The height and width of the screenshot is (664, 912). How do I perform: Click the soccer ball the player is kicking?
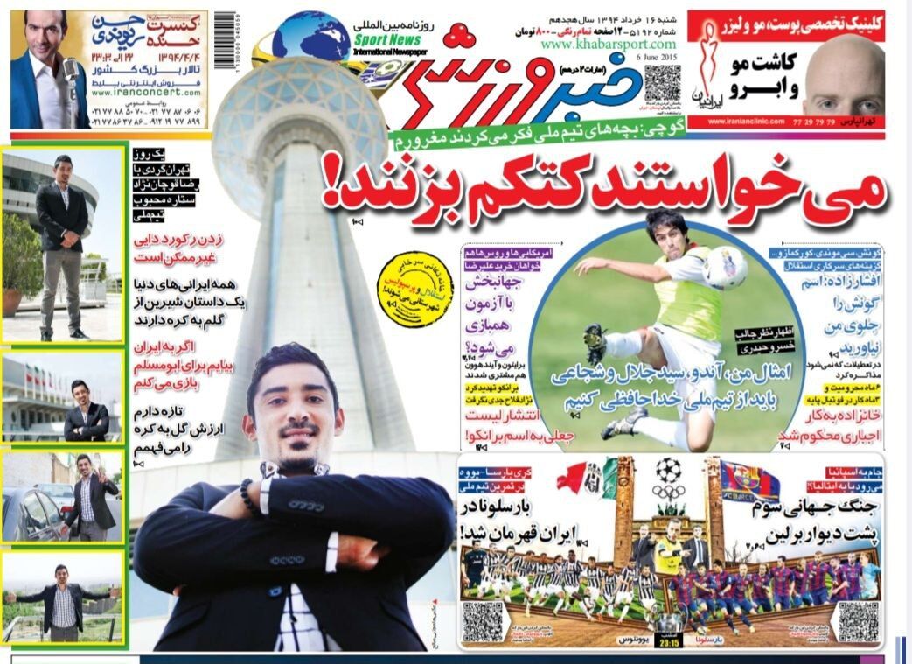tap(725, 267)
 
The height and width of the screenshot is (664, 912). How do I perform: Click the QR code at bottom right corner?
tap(858, 621)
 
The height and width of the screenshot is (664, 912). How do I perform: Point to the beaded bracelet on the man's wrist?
tap(251, 497)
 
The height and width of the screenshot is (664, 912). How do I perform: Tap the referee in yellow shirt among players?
tap(669, 551)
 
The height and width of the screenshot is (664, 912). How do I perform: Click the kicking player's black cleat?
tap(596, 344)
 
